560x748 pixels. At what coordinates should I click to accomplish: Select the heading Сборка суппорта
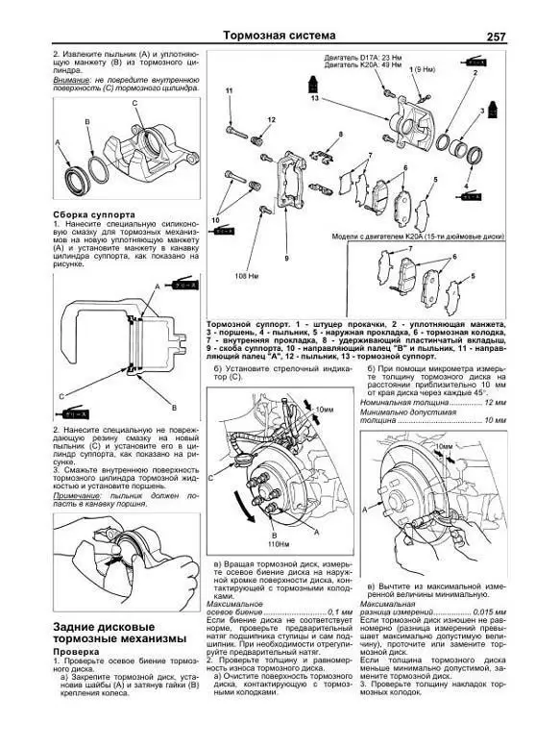[x=93, y=213]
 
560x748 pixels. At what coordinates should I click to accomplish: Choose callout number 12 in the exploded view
[x=272, y=118]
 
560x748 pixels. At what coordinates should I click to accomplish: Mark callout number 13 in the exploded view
[x=314, y=98]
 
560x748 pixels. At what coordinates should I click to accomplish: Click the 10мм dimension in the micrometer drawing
[x=443, y=447]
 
